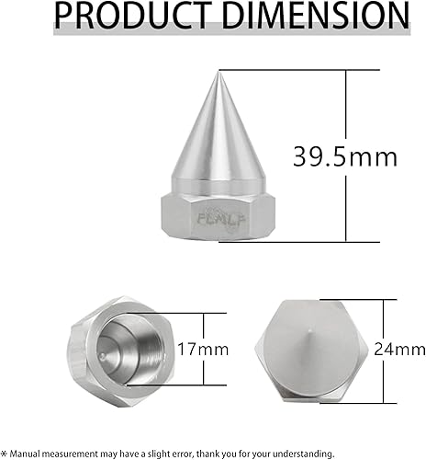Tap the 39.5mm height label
click(345, 155)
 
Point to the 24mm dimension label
click(405, 350)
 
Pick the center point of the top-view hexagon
click(314, 351)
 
